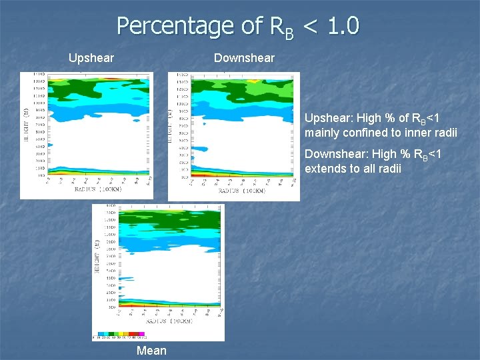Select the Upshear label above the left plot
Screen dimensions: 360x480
(91, 58)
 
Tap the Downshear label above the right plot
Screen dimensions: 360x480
(244, 58)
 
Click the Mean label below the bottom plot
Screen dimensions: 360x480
(151, 351)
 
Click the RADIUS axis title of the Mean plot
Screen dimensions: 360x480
(172, 321)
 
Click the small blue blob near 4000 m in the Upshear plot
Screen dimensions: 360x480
(50, 145)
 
